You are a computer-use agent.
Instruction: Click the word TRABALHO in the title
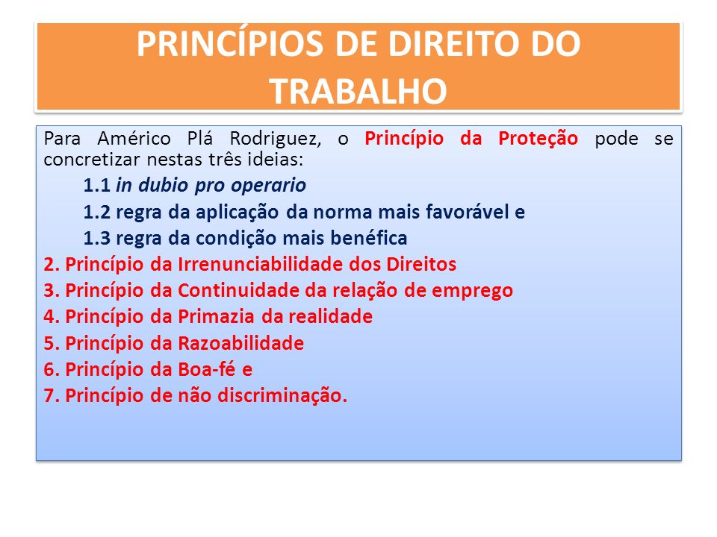coord(358,91)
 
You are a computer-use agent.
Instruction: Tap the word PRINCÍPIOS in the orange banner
coord(230,44)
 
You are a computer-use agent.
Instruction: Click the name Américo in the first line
coord(134,138)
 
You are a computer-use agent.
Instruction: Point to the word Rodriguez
coord(276,139)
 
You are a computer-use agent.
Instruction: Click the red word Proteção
coord(538,139)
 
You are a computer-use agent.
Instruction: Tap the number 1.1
coord(96,186)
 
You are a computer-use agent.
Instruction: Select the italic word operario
coord(268,186)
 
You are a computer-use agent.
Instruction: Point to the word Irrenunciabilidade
coord(260,264)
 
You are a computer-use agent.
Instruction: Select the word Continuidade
coord(238,290)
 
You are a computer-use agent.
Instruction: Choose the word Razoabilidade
coord(241,343)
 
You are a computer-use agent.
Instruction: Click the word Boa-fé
coord(207,369)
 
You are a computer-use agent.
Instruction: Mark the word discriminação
coord(282,396)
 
